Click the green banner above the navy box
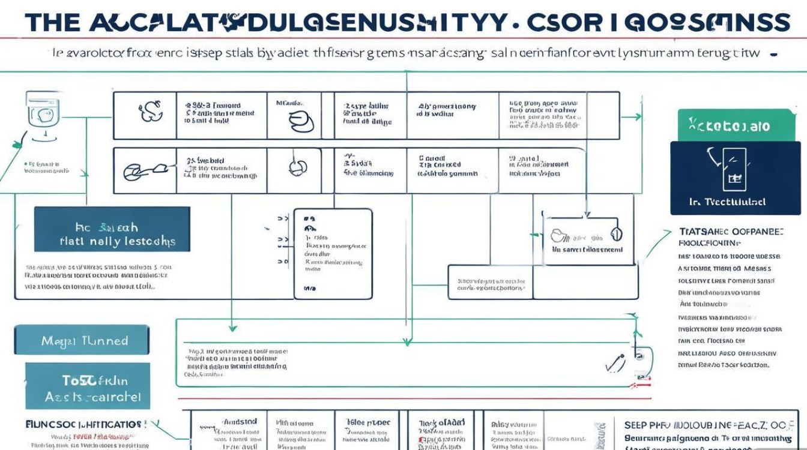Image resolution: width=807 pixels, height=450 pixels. click(736, 125)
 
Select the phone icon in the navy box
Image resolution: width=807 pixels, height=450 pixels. click(734, 170)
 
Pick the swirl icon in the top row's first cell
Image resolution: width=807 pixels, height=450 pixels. click(150, 111)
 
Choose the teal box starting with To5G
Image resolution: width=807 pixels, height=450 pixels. click(87, 388)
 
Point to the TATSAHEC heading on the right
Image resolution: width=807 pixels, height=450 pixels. click(731, 231)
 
